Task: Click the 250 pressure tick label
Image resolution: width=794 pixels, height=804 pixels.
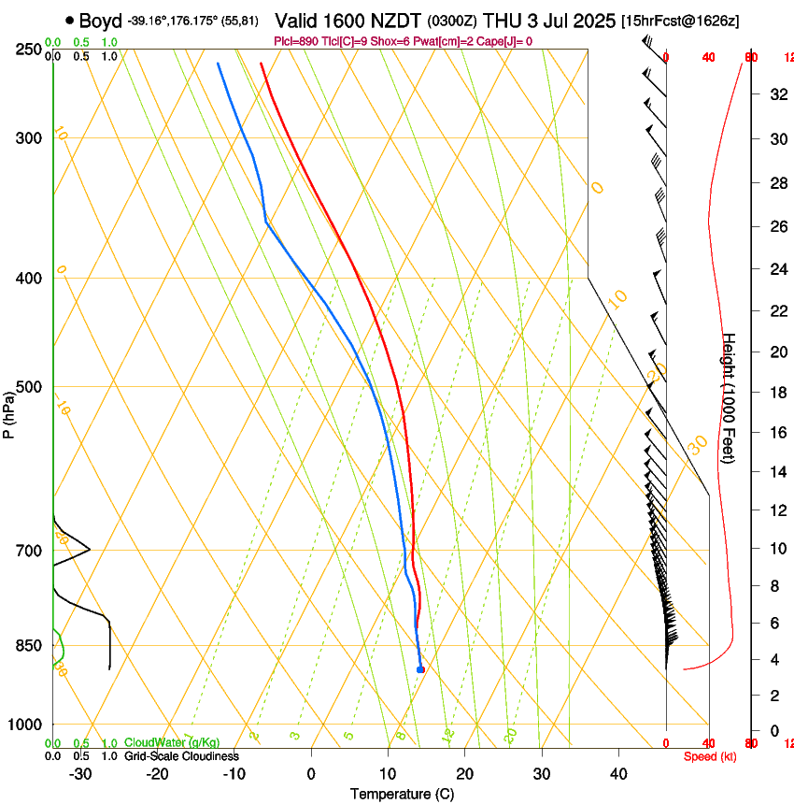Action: coord(29,49)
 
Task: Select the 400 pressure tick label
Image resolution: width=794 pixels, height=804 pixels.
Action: coord(29,279)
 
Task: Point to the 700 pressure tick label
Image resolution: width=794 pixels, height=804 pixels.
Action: coord(29,551)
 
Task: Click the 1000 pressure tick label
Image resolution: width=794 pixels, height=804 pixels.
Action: coord(25,725)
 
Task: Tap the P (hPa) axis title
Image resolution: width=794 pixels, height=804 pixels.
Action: coord(9,412)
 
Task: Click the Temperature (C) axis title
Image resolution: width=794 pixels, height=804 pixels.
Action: coord(402,794)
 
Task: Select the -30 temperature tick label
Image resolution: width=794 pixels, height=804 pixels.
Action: coord(80,773)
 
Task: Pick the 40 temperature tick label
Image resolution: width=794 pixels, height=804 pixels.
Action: coord(618,773)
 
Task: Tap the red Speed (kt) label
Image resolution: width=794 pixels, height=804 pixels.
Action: coord(710,756)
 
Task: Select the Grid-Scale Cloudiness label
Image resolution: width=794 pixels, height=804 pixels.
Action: coord(181,756)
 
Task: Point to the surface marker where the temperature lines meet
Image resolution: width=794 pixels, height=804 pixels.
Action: coord(420,669)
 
